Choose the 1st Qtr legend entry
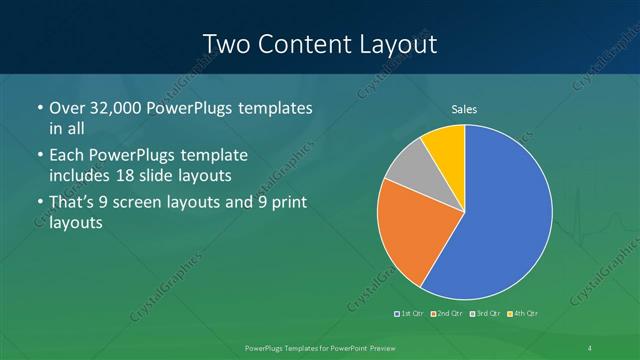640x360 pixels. pos(410,314)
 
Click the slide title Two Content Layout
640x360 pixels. pos(319,44)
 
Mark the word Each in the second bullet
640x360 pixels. pos(68,156)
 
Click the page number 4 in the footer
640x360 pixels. pos(591,346)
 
